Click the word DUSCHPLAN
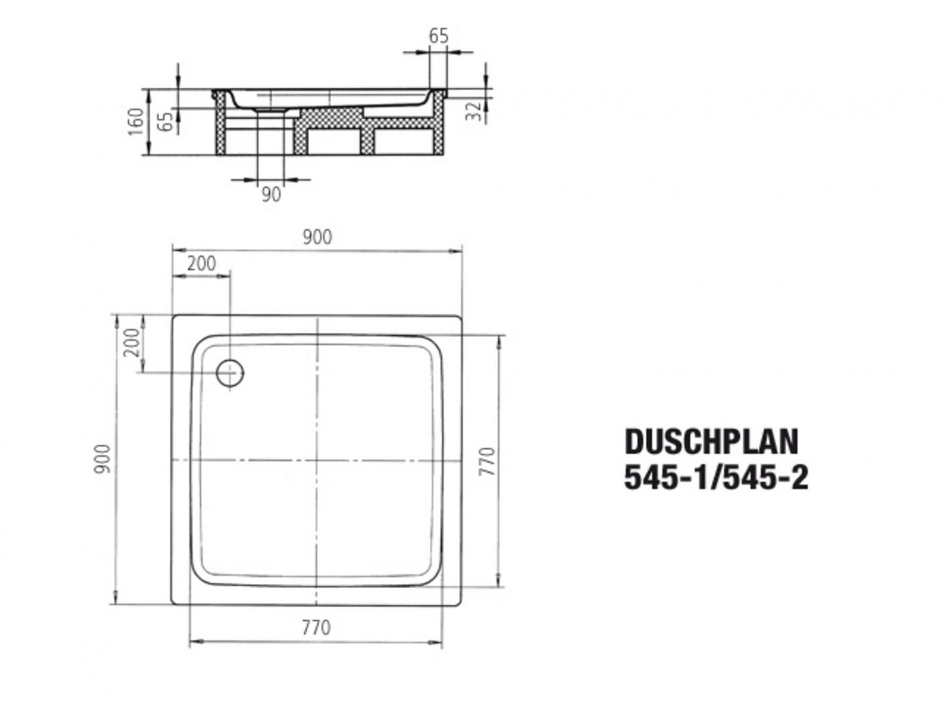(711, 442)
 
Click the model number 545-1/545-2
(716, 478)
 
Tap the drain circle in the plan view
(229, 372)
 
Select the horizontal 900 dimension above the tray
(317, 237)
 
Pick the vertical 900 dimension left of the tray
(103, 459)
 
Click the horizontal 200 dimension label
(202, 264)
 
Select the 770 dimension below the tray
(316, 628)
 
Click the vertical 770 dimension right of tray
(489, 462)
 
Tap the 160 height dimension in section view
(136, 122)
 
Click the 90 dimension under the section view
(271, 194)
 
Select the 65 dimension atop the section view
(438, 36)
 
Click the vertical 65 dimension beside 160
(167, 120)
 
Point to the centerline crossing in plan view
(317, 459)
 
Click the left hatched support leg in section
(220, 126)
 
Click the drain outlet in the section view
(271, 110)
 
